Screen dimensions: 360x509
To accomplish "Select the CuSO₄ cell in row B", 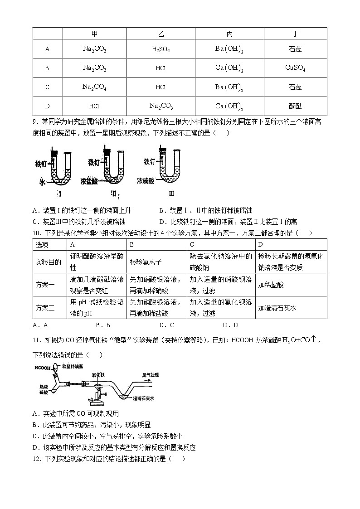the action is pos(295,68).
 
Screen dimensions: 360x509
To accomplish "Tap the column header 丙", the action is pos(229,34).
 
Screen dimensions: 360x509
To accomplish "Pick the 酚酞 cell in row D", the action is pos(295,107).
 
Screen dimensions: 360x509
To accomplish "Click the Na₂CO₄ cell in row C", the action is pos(94,87).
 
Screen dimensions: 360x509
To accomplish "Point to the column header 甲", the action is pos(94,34).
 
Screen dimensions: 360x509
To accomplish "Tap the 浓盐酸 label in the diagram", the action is pos(89,180).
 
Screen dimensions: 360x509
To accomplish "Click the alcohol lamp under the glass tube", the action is pos(97,399).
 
